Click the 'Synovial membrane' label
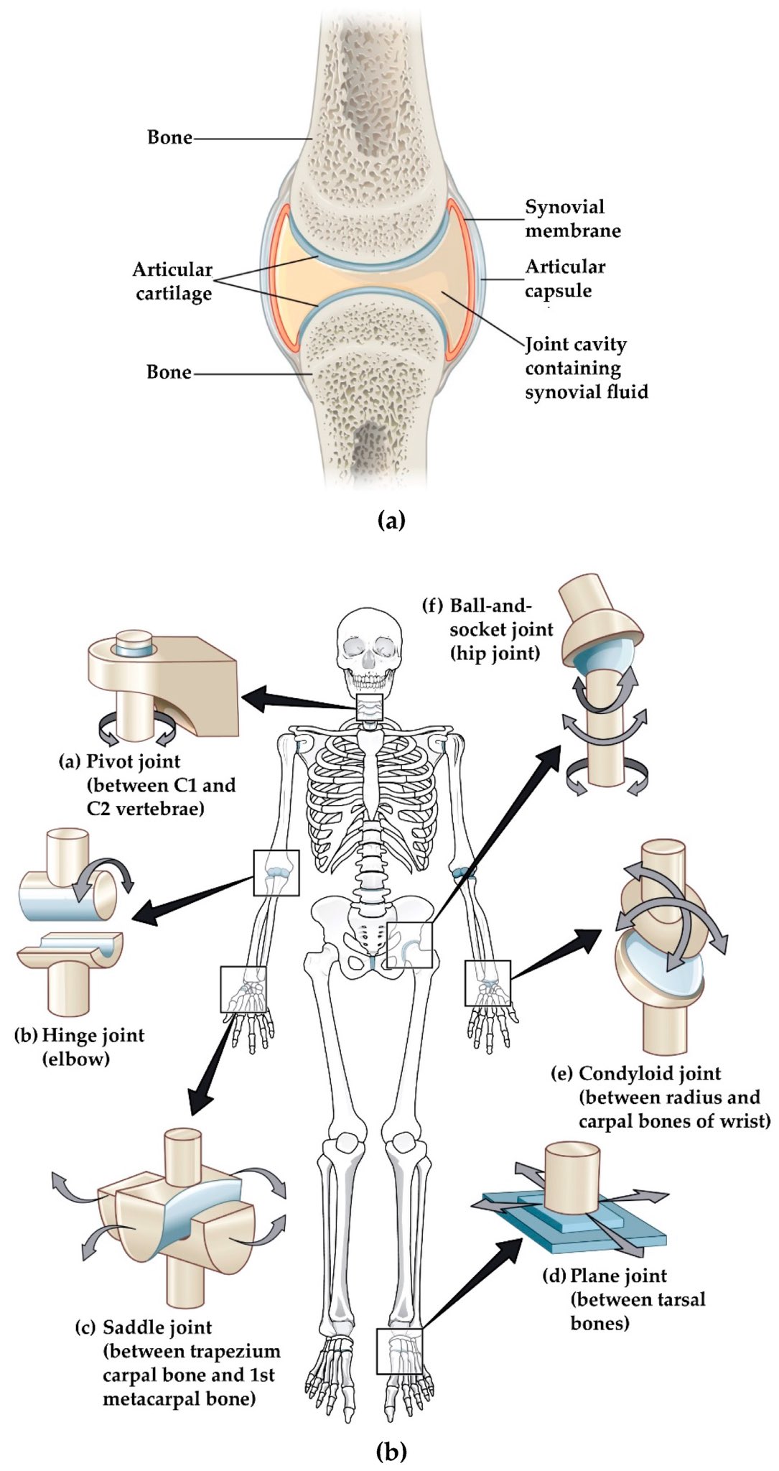pos(572,218)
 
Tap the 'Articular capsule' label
pos(565,279)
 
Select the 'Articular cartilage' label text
pos(173,281)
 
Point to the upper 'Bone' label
pos(169,137)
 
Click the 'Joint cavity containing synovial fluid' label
pos(585,368)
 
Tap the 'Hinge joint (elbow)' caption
pos(79,1047)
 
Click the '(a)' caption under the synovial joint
pos(391,520)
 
